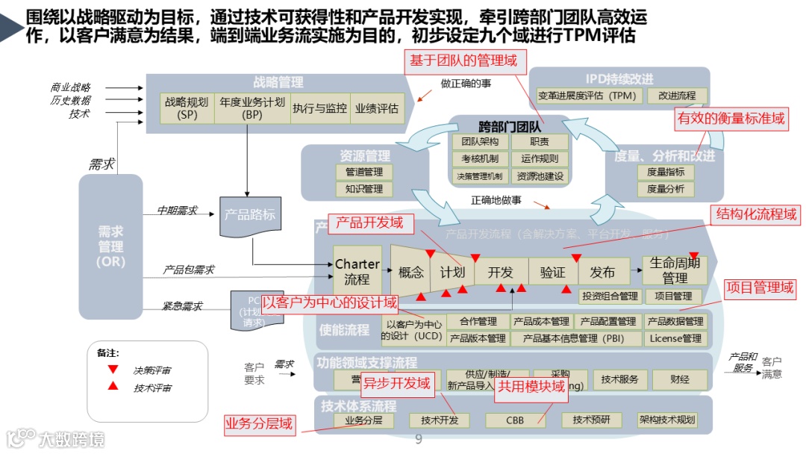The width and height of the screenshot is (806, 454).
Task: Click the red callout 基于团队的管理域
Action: (x=463, y=61)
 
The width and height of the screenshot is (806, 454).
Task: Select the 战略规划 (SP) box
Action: (x=187, y=108)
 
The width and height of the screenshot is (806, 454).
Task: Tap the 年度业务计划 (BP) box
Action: (x=252, y=108)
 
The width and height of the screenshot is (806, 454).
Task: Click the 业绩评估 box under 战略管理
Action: (x=377, y=108)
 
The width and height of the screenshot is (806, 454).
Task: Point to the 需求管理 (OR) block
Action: (x=110, y=239)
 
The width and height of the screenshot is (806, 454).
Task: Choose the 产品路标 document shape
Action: (x=249, y=215)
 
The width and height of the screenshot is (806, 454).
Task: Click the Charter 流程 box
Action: (x=357, y=272)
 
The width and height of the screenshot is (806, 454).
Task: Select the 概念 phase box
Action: (x=411, y=272)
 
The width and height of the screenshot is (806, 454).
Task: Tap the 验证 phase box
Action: (x=552, y=272)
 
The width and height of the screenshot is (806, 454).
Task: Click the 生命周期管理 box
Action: (x=675, y=270)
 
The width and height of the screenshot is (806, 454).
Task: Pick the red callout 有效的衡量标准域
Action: (x=731, y=118)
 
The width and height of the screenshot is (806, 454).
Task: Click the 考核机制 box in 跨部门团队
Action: (x=480, y=159)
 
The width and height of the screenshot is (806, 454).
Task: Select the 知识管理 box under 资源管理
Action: (x=363, y=189)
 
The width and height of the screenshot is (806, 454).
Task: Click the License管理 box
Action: (x=675, y=338)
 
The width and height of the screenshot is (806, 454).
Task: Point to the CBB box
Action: (x=515, y=420)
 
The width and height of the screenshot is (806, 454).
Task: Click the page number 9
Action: (x=419, y=440)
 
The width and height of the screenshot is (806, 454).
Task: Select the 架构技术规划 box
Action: (x=666, y=420)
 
